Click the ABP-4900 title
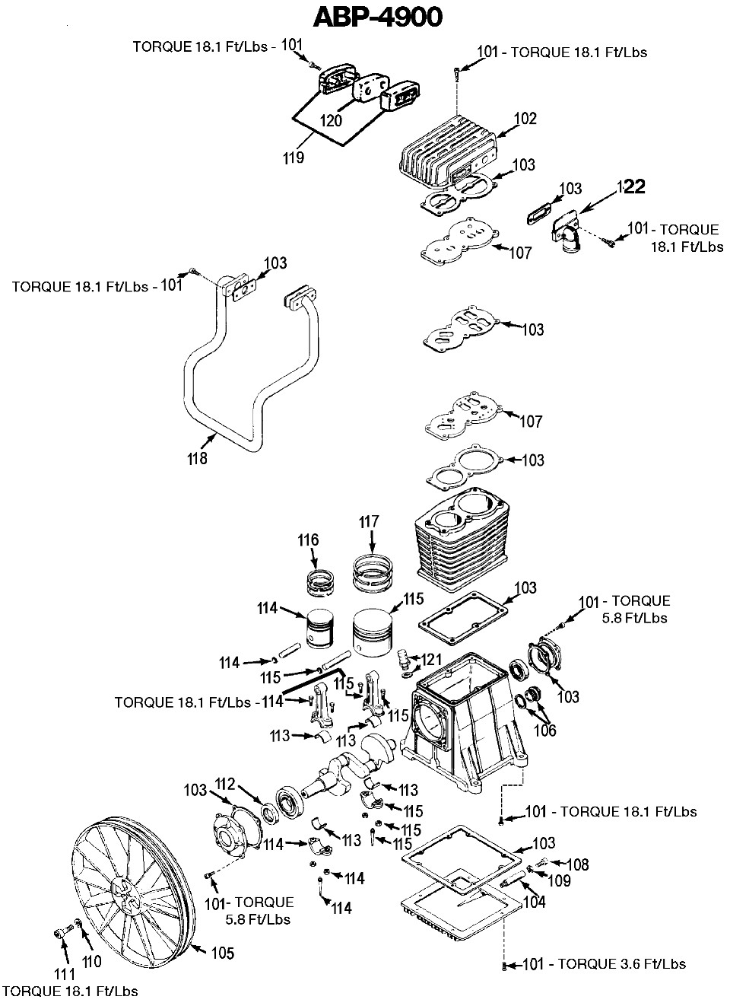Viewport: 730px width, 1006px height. coord(378,18)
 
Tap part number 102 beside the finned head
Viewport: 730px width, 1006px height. coord(525,119)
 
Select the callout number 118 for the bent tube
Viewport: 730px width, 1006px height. coord(198,459)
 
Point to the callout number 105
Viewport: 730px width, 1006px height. coord(223,953)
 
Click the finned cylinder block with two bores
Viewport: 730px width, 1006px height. coord(462,539)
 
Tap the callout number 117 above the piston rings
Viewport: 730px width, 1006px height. coord(369,522)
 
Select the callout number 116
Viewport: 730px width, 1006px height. coord(308,540)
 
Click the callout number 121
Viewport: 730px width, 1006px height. coord(432,660)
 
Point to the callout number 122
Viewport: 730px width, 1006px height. coord(631,186)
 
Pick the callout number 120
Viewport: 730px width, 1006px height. coord(331,120)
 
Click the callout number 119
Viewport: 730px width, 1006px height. coord(294,158)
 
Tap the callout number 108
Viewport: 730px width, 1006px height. coord(577,864)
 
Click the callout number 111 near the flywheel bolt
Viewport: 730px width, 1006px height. coord(65,974)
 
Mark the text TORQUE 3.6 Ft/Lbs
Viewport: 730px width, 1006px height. coord(621,964)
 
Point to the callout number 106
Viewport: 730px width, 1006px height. coord(544,731)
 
